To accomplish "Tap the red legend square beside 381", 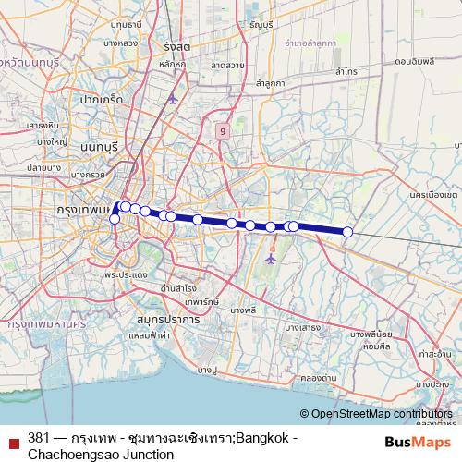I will tap(14, 439).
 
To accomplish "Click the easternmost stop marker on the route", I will tap(348, 232).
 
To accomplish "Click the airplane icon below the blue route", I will tap(271, 260).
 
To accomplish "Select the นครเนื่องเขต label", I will tap(432, 196).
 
